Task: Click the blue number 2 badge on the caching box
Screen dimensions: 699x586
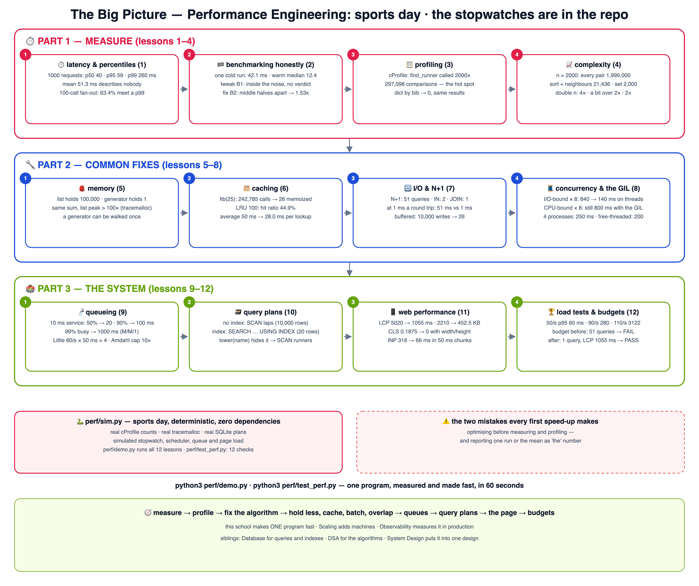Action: coord(189,178)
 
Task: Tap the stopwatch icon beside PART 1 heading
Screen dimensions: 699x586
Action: coord(30,41)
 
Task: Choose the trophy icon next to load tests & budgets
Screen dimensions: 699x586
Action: coord(551,312)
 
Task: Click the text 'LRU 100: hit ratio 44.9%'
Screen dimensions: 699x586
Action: coord(266,208)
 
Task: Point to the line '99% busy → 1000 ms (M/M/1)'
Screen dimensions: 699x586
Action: coord(102,331)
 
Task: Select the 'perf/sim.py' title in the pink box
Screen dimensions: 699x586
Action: coord(104,421)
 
